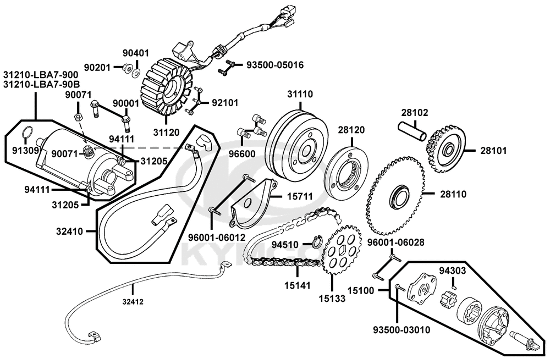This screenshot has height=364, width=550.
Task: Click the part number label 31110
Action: click(x=299, y=94)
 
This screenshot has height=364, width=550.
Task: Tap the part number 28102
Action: click(x=414, y=112)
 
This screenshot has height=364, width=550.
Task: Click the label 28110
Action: click(x=453, y=193)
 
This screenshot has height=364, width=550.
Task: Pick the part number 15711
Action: click(x=299, y=196)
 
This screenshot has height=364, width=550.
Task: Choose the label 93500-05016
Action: click(x=274, y=65)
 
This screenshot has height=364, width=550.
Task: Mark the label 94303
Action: click(x=453, y=270)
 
